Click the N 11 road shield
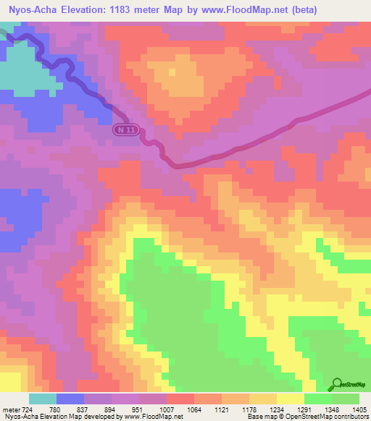(128, 129)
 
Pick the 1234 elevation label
(267, 409)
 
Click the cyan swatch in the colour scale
(42, 399)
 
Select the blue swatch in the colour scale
(70, 399)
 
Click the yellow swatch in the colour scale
(290, 399)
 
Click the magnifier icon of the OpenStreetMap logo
(335, 384)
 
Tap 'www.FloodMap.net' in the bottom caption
(151, 417)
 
